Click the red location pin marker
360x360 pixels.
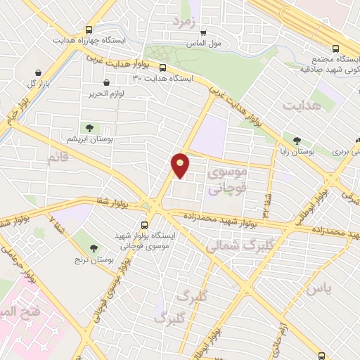pos(181,165)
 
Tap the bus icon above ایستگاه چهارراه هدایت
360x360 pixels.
pos(89,30)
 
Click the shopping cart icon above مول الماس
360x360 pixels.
pos(204,32)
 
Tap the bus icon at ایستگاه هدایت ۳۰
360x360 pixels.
pos(163,68)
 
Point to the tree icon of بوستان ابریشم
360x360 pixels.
pos(89,127)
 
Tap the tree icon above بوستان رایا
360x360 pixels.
pos(297,141)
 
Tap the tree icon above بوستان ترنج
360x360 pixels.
pos(94,247)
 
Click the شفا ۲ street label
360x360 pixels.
pos(53,221)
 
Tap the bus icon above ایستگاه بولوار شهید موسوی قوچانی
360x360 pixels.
pos(146,224)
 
